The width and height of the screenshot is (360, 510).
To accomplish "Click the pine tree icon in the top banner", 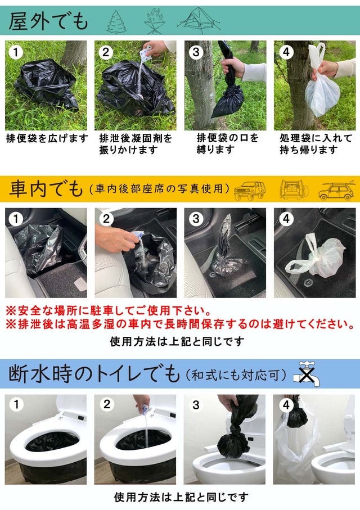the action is click(116, 22).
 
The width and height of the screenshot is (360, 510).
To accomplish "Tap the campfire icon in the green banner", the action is click(155, 21).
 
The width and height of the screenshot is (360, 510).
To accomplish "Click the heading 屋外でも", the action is click(48, 21).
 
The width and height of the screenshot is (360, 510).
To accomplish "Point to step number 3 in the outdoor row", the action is click(196, 52).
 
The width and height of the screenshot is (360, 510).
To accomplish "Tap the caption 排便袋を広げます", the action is click(47, 138).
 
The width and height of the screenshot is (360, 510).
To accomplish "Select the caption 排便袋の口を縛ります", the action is click(227, 143).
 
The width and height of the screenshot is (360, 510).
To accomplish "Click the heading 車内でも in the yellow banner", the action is click(46, 188).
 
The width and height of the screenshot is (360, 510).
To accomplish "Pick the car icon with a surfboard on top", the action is click(336, 190).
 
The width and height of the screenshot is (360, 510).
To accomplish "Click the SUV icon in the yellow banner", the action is click(250, 190).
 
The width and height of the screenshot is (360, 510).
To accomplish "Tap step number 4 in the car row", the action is click(286, 219).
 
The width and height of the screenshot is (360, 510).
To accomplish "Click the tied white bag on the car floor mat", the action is click(315, 254).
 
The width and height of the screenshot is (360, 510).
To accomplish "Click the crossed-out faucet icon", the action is click(307, 374).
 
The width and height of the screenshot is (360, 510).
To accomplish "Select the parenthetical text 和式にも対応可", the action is click(236, 375).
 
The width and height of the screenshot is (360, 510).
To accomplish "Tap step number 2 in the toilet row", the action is click(106, 404).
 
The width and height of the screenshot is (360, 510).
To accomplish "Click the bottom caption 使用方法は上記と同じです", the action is click(181, 497).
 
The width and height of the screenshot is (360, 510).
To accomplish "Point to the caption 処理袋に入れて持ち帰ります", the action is click(316, 143).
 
